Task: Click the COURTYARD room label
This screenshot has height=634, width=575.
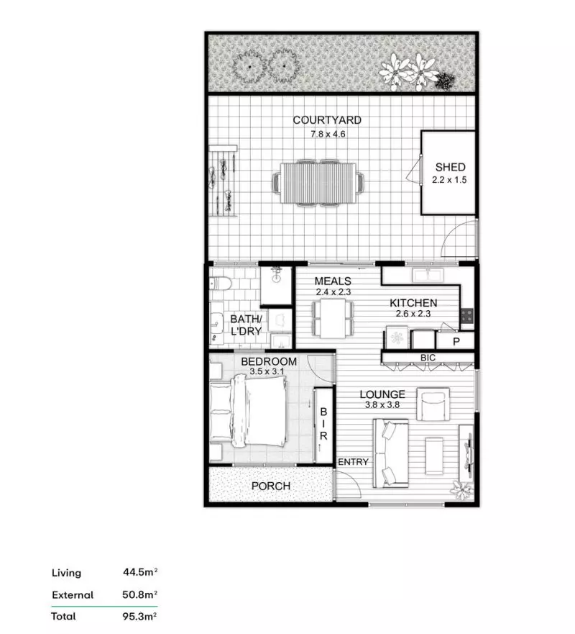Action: (x=327, y=120)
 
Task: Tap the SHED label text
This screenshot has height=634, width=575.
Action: (x=450, y=168)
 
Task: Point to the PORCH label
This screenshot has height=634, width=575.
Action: (x=271, y=486)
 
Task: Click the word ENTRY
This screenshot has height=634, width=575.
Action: (x=353, y=462)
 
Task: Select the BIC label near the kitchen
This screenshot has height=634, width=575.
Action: (x=428, y=358)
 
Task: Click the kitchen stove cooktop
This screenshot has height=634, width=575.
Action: (x=466, y=314)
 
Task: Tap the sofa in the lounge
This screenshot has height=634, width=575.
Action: (x=389, y=452)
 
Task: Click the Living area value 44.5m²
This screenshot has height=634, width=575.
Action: (x=140, y=573)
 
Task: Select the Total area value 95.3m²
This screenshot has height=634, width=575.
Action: (x=140, y=617)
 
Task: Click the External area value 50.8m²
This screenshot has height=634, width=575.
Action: (x=140, y=595)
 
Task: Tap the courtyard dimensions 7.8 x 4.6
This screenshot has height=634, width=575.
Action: (x=327, y=133)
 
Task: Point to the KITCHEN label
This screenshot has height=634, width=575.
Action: (x=413, y=303)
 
